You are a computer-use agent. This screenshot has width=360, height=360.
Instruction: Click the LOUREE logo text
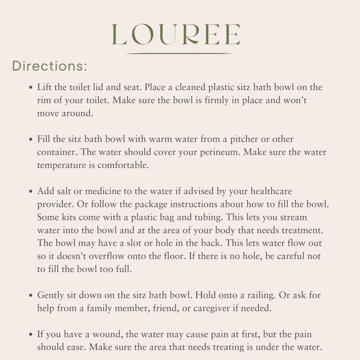(x=176, y=35)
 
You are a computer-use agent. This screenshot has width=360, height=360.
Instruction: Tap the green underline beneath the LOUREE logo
(x=180, y=54)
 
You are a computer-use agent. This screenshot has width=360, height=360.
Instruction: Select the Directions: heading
(x=49, y=66)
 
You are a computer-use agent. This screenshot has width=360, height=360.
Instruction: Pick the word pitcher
(x=244, y=139)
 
